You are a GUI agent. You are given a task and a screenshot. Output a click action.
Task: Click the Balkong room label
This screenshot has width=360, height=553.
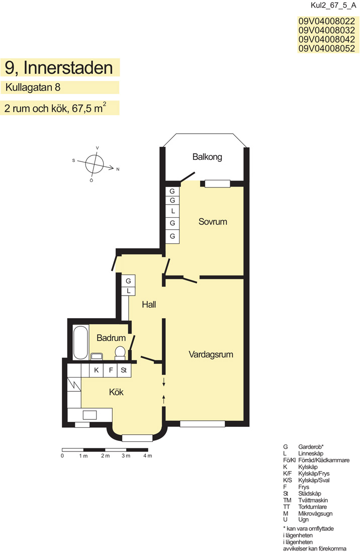click(x=207, y=157)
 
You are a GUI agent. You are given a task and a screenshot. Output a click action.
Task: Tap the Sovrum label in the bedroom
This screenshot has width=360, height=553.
click(x=213, y=222)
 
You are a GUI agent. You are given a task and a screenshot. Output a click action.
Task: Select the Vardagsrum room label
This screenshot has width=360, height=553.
click(x=211, y=354)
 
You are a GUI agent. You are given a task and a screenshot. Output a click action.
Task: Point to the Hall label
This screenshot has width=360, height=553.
click(x=149, y=304)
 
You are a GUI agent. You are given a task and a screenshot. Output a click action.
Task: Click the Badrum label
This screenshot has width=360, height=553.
click(x=111, y=338)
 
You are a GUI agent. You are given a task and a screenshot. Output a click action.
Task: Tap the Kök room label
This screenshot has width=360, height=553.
click(x=116, y=392)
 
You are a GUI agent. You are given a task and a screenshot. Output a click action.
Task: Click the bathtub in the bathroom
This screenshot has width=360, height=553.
click(x=81, y=342)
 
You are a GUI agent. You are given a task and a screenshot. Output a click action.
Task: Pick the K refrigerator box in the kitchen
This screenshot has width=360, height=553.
click(x=96, y=371)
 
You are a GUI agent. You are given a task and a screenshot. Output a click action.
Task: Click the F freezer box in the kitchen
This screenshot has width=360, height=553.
click(x=110, y=371)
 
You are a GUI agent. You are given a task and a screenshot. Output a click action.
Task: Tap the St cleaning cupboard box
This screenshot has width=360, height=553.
click(x=124, y=371)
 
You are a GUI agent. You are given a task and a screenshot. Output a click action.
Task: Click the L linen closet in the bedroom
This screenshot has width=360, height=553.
click(x=173, y=211)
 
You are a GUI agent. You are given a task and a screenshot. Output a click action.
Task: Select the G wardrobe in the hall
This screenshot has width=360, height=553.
click(x=128, y=281)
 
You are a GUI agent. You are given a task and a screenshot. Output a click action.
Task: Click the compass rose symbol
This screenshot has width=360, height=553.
click(x=95, y=164)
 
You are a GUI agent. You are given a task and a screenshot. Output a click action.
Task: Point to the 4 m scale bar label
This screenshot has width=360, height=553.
click(x=147, y=456)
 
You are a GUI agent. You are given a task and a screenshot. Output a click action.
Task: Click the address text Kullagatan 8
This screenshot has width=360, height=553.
click(x=33, y=87)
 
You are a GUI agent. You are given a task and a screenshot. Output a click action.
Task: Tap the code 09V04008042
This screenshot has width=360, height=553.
click(x=326, y=39)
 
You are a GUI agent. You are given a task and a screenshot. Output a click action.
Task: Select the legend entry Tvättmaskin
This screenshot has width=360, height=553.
click(x=313, y=500)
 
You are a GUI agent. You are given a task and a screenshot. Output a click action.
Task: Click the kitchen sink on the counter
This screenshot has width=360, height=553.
click(x=89, y=415)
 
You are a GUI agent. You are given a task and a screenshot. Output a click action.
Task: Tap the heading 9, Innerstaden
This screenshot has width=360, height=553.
click(x=58, y=68)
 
